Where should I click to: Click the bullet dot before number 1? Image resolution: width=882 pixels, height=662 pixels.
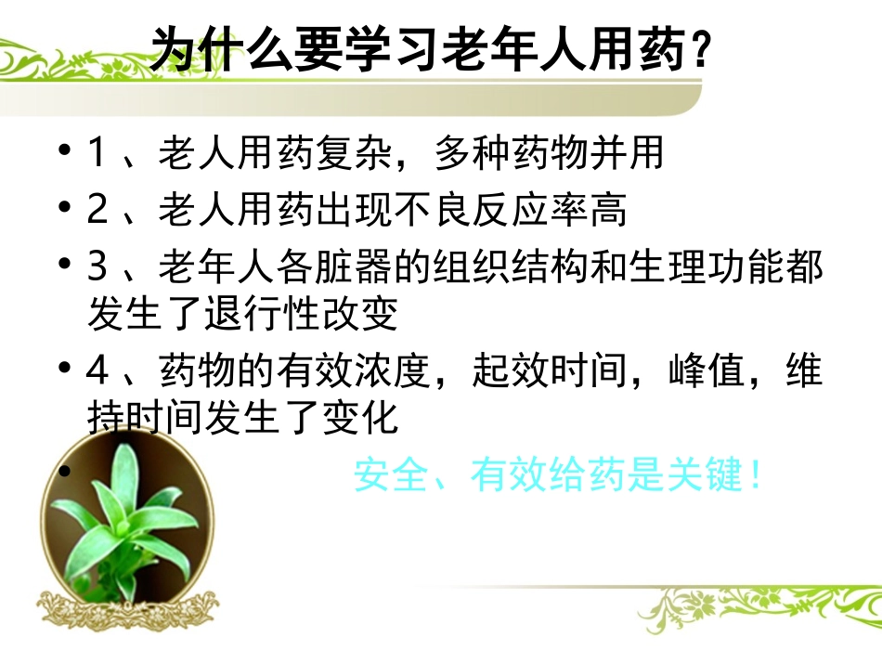pyautogui.click(x=64, y=151)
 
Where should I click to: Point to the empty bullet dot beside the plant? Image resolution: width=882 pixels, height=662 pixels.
pyautogui.click(x=64, y=473)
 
